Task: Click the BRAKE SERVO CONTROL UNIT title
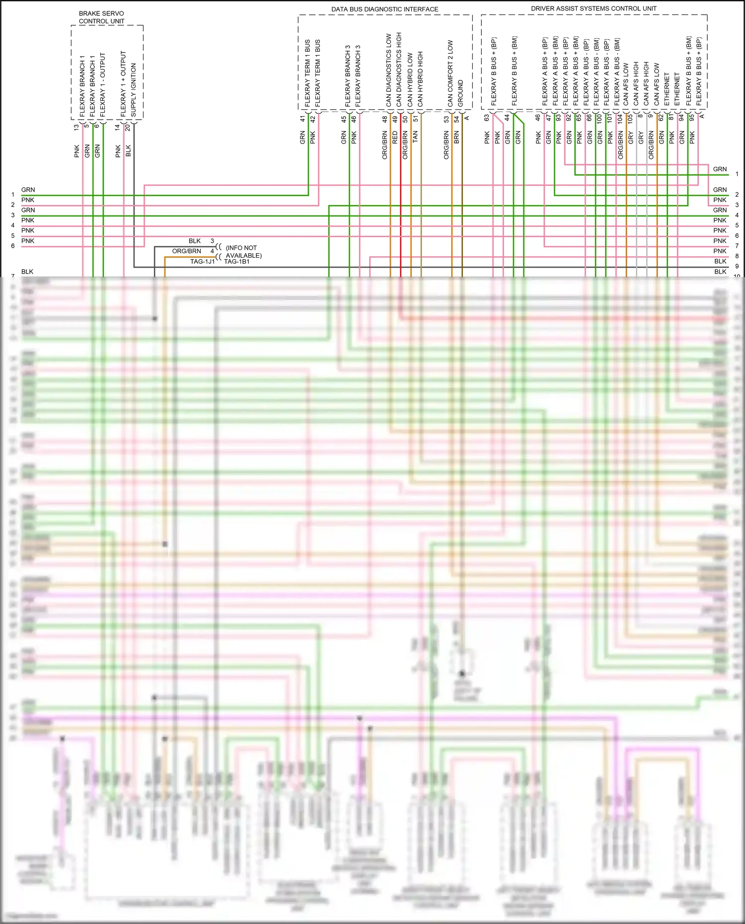pyautogui.click(x=101, y=17)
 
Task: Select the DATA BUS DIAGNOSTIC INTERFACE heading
pyautogui.click(x=384, y=9)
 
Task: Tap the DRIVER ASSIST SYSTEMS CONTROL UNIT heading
pyautogui.click(x=594, y=8)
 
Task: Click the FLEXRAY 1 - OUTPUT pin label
pyautogui.click(x=103, y=85)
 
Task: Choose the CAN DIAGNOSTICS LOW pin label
pyautogui.click(x=389, y=70)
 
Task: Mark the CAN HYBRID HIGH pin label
pyautogui.click(x=420, y=79)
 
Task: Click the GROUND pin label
pyautogui.click(x=460, y=93)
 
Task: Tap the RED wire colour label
pyautogui.click(x=395, y=138)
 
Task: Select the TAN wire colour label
pyautogui.click(x=415, y=137)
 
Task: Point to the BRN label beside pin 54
pyautogui.click(x=456, y=138)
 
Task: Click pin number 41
pyautogui.click(x=302, y=119)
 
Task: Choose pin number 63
pyautogui.click(x=487, y=118)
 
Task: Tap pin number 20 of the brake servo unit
pyautogui.click(x=128, y=127)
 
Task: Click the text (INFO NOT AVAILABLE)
pyautogui.click(x=243, y=251)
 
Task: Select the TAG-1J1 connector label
pyautogui.click(x=203, y=262)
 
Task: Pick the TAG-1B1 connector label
pyautogui.click(x=237, y=262)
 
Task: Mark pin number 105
pyautogui.click(x=630, y=119)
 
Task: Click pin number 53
pyautogui.click(x=447, y=119)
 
